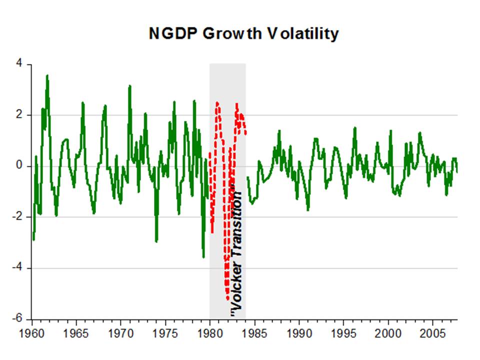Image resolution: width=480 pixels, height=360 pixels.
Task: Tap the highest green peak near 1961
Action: (47, 75)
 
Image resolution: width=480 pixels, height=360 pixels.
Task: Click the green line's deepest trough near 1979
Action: (203, 257)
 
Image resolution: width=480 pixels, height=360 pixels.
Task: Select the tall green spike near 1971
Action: (129, 86)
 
